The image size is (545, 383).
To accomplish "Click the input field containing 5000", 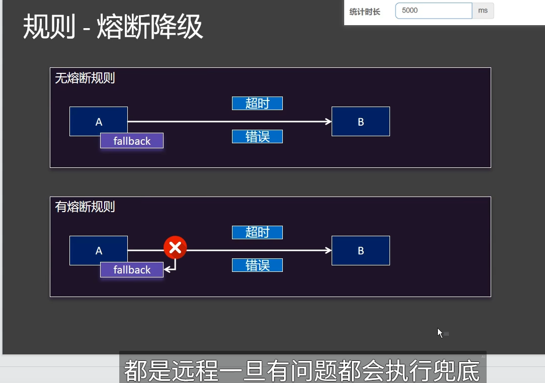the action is pos(433,11).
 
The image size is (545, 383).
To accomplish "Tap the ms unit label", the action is pos(483,11).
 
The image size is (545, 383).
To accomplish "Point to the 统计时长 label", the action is pos(365,11).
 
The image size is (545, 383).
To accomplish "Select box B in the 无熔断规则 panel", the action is pos(360,122).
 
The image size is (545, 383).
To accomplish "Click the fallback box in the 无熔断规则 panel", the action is pos(132,141).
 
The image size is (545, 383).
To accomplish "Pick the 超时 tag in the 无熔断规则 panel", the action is pos(257,104).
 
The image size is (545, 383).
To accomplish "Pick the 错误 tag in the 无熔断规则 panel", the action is pos(257,136).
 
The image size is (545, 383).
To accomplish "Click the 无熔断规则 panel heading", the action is pos(85,78).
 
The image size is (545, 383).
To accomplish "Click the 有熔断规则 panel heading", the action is pos(85,207).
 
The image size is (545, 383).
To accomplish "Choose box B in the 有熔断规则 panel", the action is pos(360,250).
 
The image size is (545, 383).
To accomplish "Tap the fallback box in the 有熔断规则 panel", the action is pos(132,270).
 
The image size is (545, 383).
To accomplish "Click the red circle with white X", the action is pos(175,247).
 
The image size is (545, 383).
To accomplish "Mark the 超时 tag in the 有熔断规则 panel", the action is pos(257,232).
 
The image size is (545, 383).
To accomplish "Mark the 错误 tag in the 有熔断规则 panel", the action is pos(257,265).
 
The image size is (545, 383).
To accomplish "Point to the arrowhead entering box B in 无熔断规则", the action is pos(329,122).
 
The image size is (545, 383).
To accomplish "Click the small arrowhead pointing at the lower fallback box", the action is pos(168,270).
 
